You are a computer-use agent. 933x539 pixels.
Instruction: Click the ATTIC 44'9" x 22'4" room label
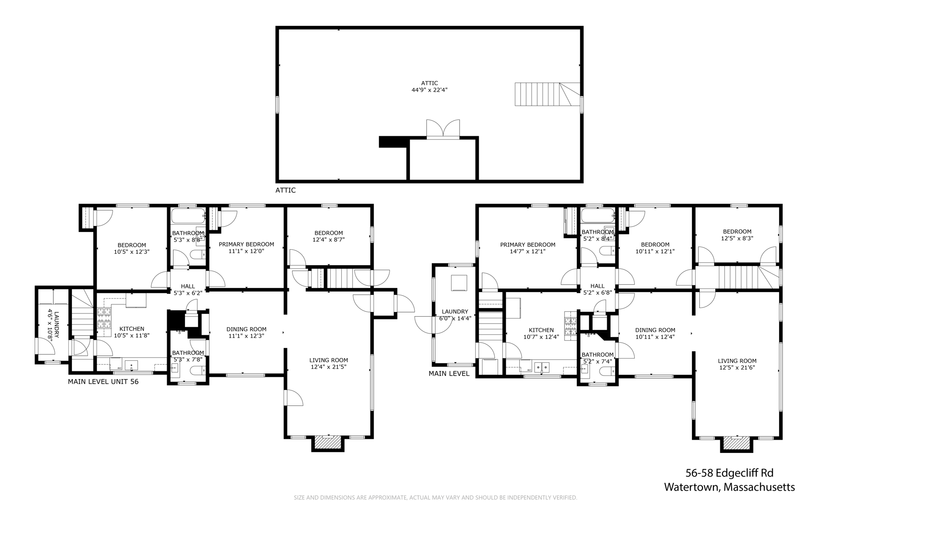(x=429, y=87)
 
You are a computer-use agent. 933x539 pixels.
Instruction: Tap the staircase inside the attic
(x=547, y=94)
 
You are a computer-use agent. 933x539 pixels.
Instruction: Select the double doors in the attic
(x=443, y=128)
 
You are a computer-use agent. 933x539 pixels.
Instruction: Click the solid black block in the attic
(x=392, y=142)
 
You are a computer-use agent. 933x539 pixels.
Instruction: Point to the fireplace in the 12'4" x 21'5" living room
(x=328, y=443)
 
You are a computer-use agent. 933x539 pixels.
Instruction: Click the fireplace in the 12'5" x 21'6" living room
(x=737, y=444)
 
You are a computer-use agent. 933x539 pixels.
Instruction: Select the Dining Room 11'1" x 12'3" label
(x=246, y=333)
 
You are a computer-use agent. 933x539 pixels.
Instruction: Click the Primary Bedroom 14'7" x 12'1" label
(x=528, y=248)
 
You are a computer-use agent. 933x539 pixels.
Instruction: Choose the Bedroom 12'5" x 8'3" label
(x=737, y=235)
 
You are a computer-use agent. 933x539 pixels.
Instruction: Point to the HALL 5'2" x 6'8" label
(x=597, y=289)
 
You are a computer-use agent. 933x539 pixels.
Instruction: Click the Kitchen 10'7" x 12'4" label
(x=541, y=334)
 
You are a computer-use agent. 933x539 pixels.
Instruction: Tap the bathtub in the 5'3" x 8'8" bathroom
(x=188, y=216)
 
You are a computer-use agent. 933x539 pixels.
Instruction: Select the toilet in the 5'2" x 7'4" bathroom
(x=606, y=371)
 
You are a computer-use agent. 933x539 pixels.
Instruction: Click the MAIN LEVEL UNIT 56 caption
(x=103, y=382)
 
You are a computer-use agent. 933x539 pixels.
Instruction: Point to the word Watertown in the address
(x=692, y=487)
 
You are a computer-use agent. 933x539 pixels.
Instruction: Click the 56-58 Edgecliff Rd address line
(x=729, y=473)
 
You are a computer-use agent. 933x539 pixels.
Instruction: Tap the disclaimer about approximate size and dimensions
(x=435, y=498)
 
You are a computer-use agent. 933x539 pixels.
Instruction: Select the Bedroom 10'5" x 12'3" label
(x=132, y=248)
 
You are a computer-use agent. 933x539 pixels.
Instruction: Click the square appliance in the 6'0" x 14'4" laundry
(x=459, y=283)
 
